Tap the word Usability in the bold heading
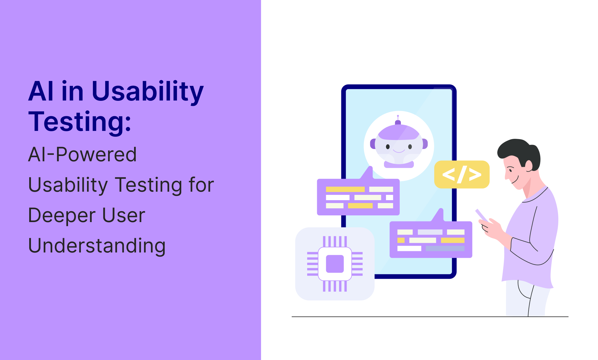pos(147,91)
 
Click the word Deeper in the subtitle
pos(62,216)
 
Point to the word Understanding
pos(97,245)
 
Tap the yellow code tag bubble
pos(462,174)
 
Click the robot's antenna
pos(398,120)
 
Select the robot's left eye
pos(388,147)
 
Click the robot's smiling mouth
pos(399,151)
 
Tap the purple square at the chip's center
pos(335,264)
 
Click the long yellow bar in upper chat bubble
pos(345,189)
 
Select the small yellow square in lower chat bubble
pos(401,240)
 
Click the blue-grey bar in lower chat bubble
pos(445,248)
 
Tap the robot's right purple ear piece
pos(425,144)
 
